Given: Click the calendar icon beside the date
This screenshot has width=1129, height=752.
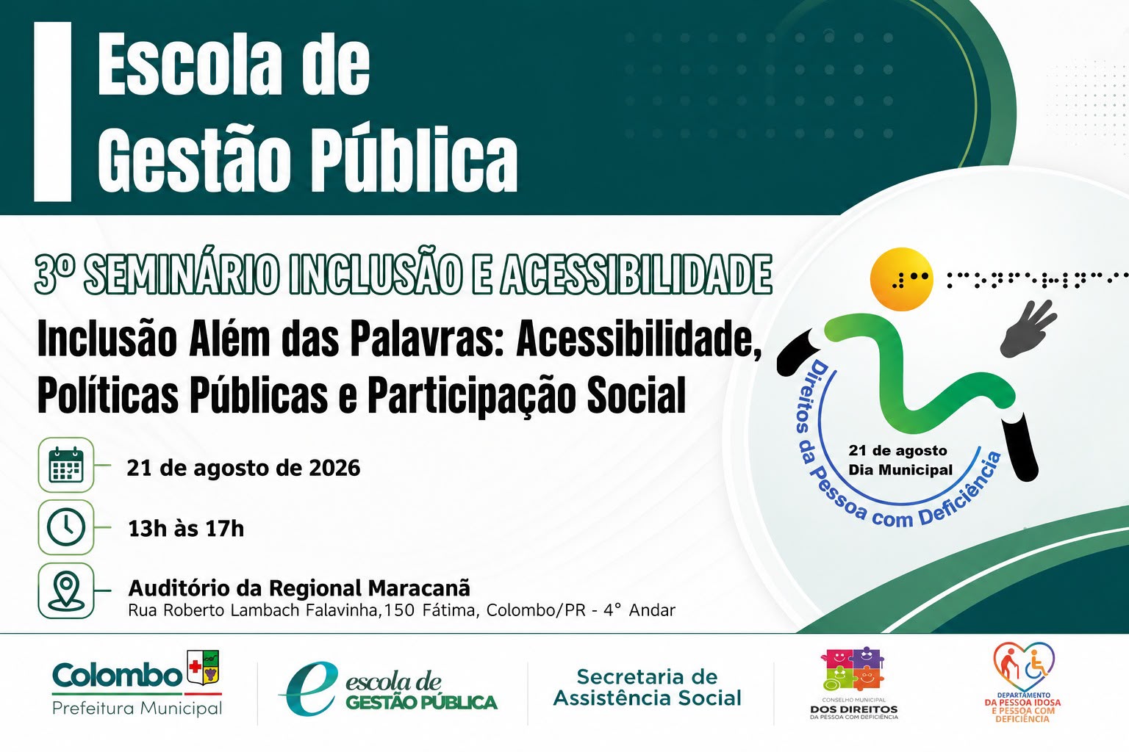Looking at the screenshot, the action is tap(66, 464).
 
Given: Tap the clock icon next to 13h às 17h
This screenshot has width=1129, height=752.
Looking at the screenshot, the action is tap(66, 527).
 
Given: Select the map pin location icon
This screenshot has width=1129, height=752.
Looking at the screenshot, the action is tap(66, 590).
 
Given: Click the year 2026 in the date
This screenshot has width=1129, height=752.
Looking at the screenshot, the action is tap(334, 468).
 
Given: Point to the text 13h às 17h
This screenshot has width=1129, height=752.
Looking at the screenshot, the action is tap(186, 529).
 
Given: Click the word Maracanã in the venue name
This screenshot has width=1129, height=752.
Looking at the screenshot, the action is tap(419, 587).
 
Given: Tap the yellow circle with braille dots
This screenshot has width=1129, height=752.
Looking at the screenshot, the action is tap(902, 278).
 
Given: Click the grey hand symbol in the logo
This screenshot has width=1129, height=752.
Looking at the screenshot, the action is tap(1028, 328).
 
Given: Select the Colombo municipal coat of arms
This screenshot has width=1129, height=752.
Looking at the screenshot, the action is tap(203, 667).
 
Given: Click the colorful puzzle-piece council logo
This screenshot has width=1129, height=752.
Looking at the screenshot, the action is tap(853, 669).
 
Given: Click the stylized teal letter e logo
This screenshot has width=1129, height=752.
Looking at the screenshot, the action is tap(309, 688).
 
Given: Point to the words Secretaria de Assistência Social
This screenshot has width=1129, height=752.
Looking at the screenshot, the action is tap(648, 687).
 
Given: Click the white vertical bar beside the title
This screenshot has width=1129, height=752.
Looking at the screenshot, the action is tap(52, 112).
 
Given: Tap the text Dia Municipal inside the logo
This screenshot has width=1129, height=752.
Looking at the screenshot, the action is tap(900, 470).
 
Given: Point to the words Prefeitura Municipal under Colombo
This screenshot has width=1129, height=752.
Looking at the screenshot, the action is tap(137, 708).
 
